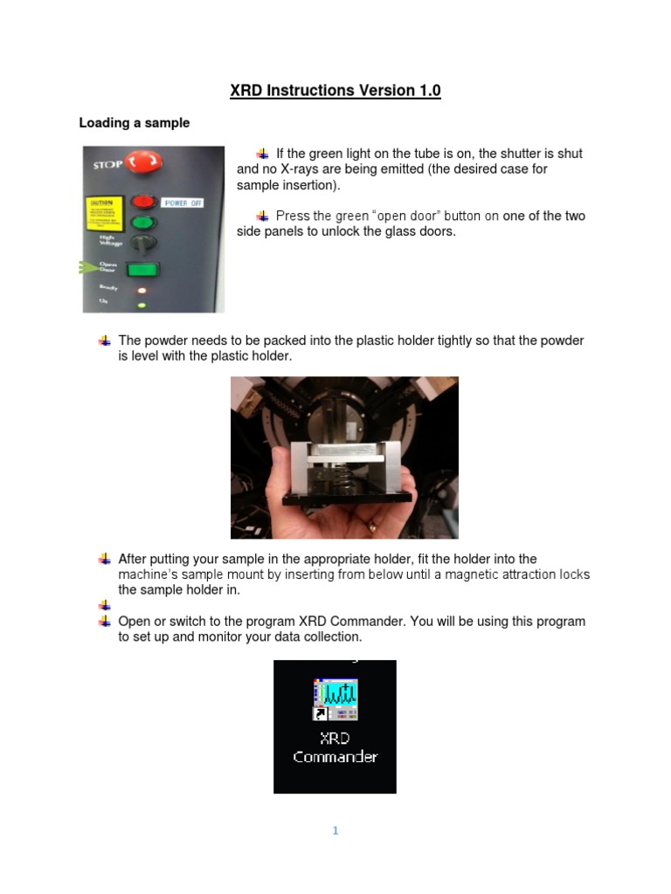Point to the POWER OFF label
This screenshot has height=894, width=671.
[182, 203]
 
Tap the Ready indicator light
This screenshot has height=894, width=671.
[141, 290]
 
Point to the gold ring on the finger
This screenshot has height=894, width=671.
[373, 526]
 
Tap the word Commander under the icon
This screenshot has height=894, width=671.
[335, 757]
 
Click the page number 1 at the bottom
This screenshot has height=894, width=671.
[335, 831]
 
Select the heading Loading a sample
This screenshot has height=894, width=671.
[134, 123]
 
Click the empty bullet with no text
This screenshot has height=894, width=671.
[105, 605]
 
